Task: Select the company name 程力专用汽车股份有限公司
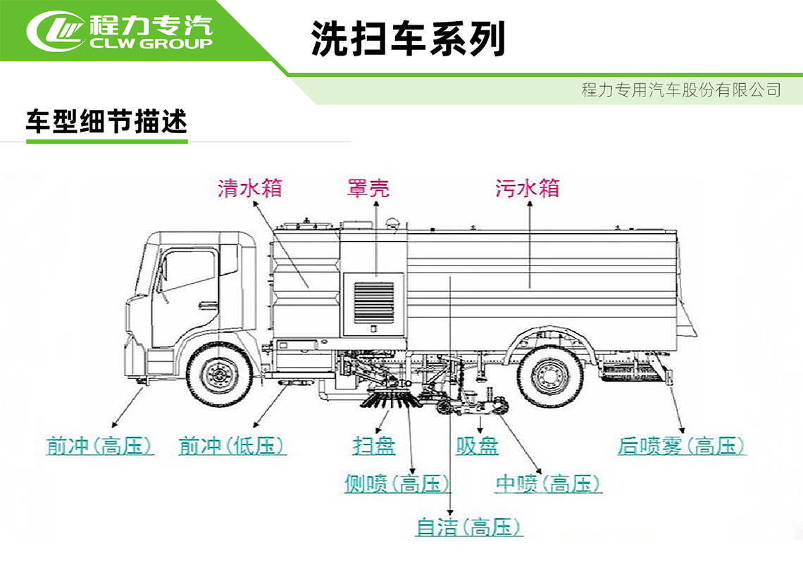click(x=681, y=90)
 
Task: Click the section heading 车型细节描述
click(x=106, y=122)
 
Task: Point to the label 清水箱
click(x=250, y=188)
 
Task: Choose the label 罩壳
click(x=368, y=188)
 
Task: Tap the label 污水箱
click(x=527, y=188)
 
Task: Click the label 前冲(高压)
click(x=100, y=446)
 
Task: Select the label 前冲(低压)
click(x=232, y=446)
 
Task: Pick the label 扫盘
click(x=374, y=446)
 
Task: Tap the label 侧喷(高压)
click(x=397, y=484)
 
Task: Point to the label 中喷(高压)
click(x=548, y=484)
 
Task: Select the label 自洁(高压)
click(x=469, y=527)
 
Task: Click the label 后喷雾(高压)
click(x=680, y=446)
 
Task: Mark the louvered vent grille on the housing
click(x=373, y=303)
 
